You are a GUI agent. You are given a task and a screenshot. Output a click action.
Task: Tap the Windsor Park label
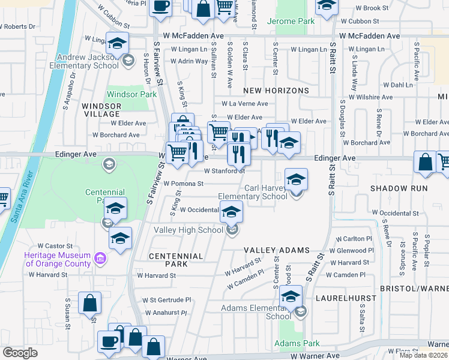pyautogui.click(x=131, y=95)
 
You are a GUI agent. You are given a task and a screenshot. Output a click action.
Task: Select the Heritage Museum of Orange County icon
pyautogui.click(x=101, y=259)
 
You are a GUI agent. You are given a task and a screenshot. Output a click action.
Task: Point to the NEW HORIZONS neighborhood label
pyautogui.click(x=276, y=91)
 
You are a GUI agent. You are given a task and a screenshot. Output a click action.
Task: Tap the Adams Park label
pyautogui.click(x=297, y=344)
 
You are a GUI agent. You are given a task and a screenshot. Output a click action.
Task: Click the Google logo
pyautogui.click(x=20, y=353)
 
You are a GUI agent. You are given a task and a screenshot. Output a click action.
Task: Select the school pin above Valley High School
pyautogui.click(x=231, y=212)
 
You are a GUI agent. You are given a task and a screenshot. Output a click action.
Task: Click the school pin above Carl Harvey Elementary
pyautogui.click(x=296, y=179)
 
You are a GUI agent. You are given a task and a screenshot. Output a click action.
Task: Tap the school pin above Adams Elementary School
pyautogui.click(x=291, y=297)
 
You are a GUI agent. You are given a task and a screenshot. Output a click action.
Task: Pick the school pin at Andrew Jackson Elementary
pyautogui.click(x=117, y=43)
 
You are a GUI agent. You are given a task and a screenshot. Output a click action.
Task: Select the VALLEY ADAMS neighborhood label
pyautogui.click(x=276, y=250)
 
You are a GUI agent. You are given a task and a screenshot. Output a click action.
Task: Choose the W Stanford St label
pyautogui.click(x=224, y=170)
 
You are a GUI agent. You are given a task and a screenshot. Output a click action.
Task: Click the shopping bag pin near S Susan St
pyautogui.click(x=89, y=304)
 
